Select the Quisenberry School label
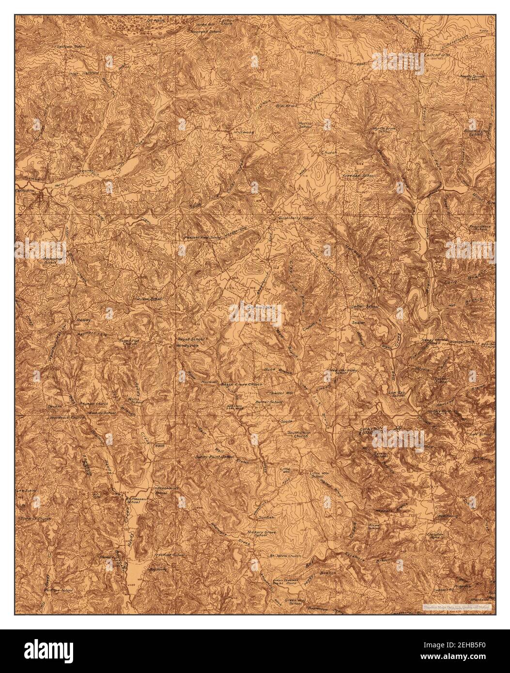[295, 218]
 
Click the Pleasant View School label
[202, 238]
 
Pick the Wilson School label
[150, 299]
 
